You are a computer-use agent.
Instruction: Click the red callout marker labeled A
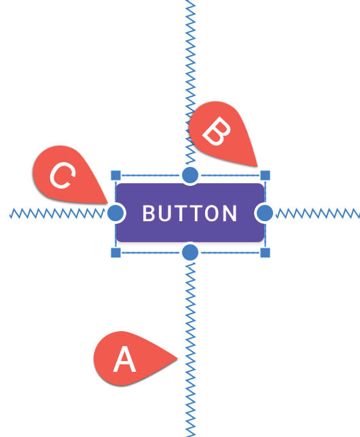[131, 358]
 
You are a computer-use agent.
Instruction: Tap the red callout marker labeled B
[221, 132]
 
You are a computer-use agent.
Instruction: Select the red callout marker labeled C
[67, 174]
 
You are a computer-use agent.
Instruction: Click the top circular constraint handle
[190, 175]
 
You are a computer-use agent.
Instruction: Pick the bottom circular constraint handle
[190, 252]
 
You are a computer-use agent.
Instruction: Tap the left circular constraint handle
[115, 213]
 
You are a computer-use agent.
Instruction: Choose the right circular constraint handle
[264, 213]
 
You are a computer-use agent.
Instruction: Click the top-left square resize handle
[116, 176]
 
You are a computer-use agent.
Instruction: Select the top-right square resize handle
[265, 176]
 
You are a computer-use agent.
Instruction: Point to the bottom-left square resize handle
[116, 253]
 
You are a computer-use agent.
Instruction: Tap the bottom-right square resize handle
[265, 253]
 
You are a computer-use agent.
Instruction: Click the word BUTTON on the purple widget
[190, 214]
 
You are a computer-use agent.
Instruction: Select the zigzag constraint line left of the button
[57, 214]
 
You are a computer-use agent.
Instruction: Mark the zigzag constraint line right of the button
[318, 214]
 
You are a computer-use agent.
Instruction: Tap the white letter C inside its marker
[62, 176]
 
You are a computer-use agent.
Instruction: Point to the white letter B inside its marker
[217, 131]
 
